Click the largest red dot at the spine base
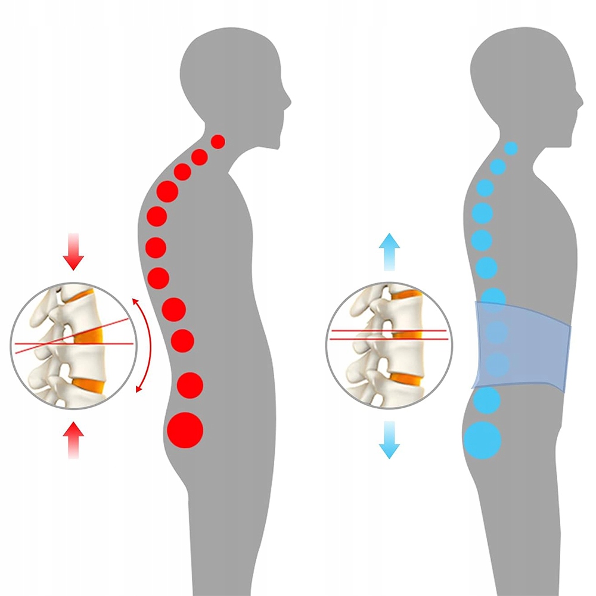185,430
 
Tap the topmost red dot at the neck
218,141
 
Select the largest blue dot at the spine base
483,439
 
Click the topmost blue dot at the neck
511,147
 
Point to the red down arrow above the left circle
74,253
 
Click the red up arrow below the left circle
74,440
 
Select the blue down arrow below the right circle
389,440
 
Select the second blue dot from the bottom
488,400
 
